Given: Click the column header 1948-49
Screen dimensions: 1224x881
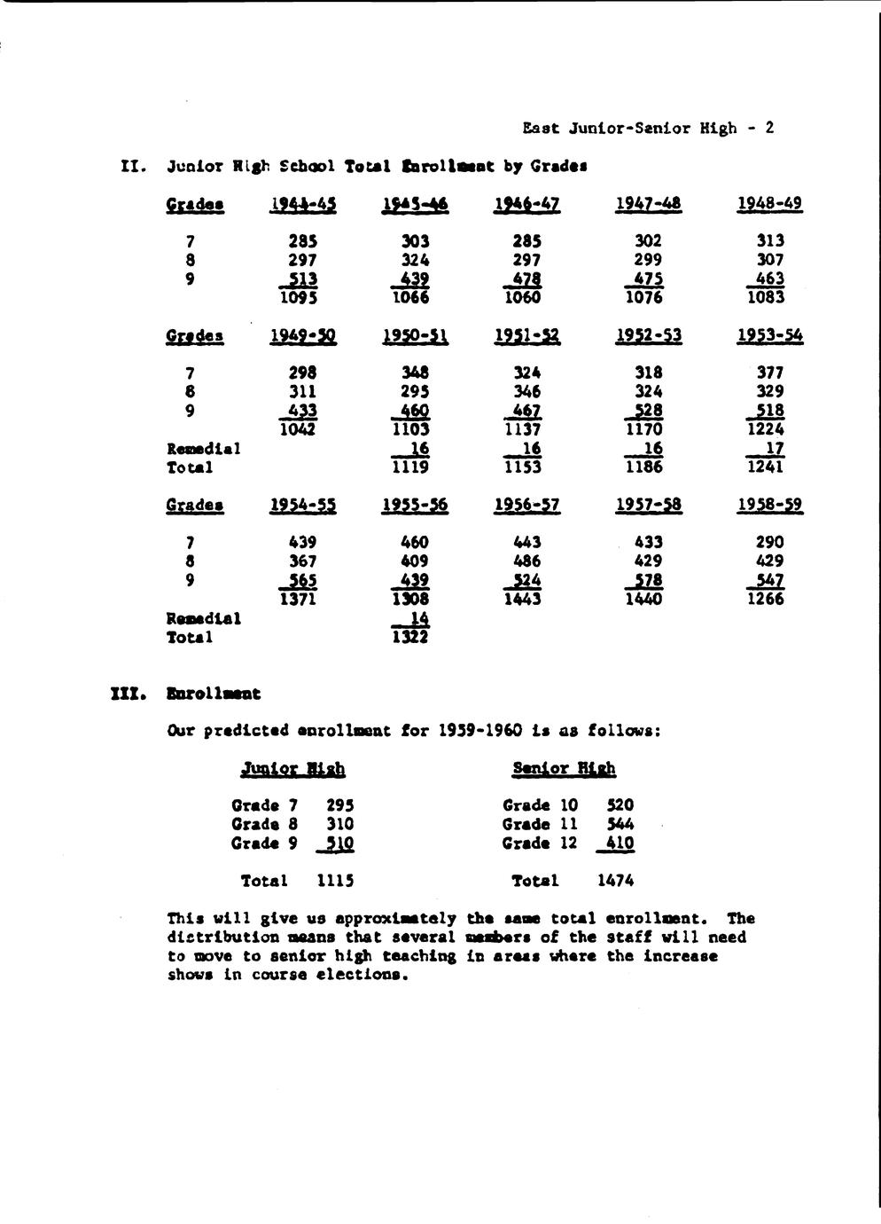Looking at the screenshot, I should point(769,203).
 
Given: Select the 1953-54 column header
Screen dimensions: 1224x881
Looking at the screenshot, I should point(769,335).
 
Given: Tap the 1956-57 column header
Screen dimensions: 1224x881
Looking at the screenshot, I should point(526,505).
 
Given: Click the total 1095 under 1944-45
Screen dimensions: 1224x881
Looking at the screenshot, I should point(299,298).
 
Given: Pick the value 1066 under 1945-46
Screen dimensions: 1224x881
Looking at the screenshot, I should point(409,298).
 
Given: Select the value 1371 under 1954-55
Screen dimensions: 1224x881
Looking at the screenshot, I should point(299,600).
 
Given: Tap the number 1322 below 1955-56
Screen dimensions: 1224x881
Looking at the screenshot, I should point(409,637).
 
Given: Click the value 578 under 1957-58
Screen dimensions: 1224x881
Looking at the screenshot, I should point(647,580).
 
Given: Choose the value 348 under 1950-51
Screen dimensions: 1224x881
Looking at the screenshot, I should point(415,373).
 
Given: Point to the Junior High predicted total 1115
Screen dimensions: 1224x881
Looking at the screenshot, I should point(336,881).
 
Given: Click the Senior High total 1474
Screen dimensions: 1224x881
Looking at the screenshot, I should point(615,881).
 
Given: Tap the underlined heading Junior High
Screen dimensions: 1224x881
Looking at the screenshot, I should point(293,769).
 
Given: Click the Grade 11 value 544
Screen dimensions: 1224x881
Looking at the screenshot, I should point(620,824).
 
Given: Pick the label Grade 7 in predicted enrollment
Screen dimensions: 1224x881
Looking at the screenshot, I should point(264,805).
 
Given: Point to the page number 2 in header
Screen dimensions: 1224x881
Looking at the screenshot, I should point(769,128).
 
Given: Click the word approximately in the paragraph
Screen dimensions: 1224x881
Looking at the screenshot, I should point(398,918).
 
